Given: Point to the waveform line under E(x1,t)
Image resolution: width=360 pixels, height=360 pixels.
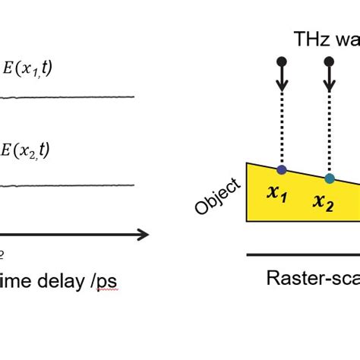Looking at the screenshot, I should pos(68,97).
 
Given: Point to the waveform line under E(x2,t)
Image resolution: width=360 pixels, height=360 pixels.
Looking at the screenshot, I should pos(68,185).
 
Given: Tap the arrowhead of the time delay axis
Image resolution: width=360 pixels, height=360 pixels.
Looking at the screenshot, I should pos(142,235).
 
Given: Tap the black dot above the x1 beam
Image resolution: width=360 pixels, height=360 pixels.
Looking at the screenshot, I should pos(282,60).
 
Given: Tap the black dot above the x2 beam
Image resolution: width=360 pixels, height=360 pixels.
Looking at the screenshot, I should pos(328,60).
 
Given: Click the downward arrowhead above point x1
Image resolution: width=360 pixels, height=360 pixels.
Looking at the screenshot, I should pos(282,85).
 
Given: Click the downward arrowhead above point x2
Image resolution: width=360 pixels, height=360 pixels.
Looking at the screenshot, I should pos(328,85).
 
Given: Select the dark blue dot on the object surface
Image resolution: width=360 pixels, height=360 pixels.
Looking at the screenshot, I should pos(282,170).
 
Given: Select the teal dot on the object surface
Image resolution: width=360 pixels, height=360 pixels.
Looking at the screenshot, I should pos(328,178).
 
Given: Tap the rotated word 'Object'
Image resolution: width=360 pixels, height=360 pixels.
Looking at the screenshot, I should pos(217,197).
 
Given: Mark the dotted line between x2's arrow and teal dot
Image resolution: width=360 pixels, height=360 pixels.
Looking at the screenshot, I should pos(328,133).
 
